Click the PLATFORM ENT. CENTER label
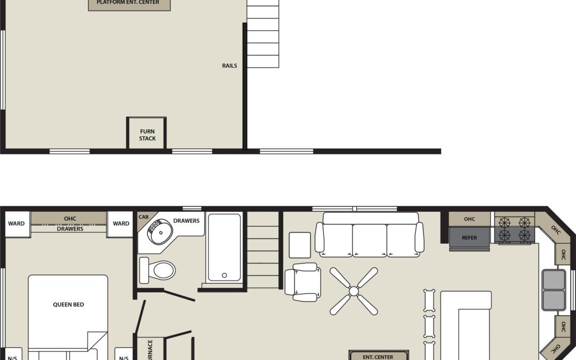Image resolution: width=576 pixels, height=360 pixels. coord(128,3)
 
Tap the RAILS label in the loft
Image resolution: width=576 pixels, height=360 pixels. coord(230,66)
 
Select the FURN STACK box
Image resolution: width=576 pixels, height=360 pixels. coord(147,134)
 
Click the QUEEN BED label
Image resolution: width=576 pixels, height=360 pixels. coord(68,305)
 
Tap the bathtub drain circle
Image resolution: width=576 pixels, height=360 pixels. coord(224,276)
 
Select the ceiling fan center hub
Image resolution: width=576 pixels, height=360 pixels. coord(354,291)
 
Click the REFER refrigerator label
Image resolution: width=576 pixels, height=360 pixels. coord(469,238)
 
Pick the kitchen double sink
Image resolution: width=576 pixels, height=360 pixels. coord(554,290)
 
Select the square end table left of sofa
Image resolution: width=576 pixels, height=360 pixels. coord(300,245)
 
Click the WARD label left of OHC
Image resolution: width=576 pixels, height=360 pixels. coord(16,223)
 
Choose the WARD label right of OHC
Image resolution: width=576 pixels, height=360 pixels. coord(121,223)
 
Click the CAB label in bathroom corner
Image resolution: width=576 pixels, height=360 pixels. coord(143,217)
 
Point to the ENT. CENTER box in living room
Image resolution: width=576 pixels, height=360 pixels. coord(378,356)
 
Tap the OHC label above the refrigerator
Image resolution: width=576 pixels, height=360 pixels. coord(469,219)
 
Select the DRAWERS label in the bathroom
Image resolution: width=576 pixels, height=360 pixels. coord(186,221)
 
